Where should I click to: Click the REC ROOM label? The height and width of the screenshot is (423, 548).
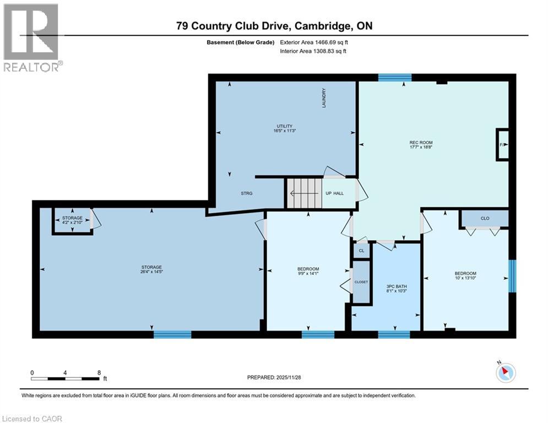tap(421, 143)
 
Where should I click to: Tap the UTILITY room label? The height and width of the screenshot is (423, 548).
tap(285, 126)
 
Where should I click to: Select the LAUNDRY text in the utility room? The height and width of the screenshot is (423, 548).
tap(324, 98)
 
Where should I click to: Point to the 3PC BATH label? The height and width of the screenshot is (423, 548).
tap(397, 286)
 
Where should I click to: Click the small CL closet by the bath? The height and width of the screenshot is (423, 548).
tap(361, 251)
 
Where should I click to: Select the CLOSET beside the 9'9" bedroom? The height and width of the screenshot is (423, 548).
tap(361, 282)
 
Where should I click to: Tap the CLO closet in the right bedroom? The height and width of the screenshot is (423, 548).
tap(485, 218)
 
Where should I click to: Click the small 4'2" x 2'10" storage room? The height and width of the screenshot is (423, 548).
tap(72, 220)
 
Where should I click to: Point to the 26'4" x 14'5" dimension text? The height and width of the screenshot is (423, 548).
tap(151, 272)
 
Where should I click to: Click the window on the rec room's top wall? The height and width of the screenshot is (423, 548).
tap(395, 78)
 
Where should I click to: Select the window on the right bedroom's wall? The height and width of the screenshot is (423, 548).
tap(512, 276)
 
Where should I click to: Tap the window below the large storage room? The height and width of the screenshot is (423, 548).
tap(172, 334)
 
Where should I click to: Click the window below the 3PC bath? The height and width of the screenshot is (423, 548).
tap(394, 334)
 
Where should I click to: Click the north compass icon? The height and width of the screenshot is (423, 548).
tap(506, 372)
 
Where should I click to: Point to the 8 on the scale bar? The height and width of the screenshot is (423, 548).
tap(99, 373)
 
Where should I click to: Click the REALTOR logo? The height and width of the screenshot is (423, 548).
tap(32, 38)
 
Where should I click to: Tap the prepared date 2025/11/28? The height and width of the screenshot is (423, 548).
tap(289, 377)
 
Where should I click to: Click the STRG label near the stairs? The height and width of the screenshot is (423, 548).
tap(246, 193)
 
